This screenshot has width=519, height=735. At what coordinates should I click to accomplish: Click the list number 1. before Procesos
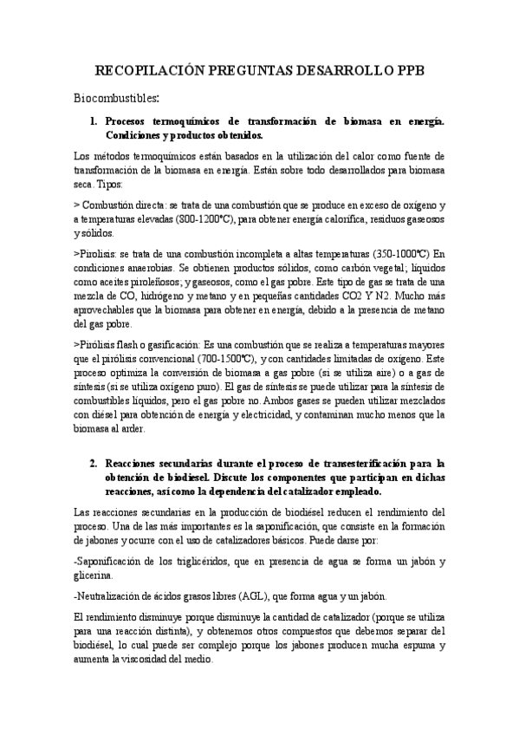coord(94,122)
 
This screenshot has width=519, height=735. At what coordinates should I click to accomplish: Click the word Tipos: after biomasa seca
coord(110,184)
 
